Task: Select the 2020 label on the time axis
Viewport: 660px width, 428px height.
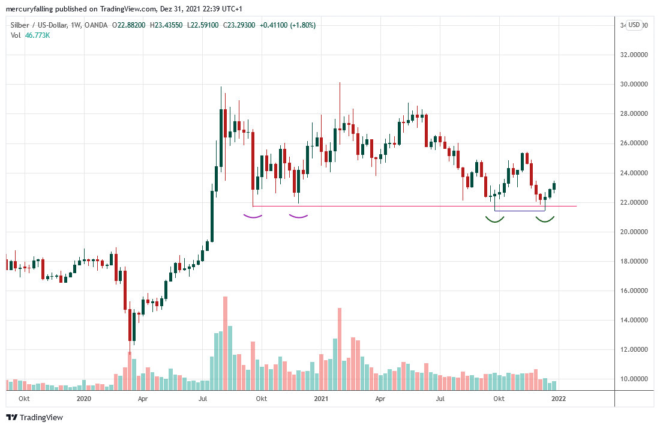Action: coord(84,399)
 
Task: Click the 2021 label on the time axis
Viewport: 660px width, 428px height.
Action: coord(321,399)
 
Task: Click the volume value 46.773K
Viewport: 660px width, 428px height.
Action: coord(37,35)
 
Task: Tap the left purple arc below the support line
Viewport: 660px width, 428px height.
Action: coord(253,216)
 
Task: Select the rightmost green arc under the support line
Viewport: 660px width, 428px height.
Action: coord(545,220)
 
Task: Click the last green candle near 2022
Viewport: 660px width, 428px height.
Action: coord(554,186)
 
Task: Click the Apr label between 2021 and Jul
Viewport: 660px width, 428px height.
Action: coord(380,399)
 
